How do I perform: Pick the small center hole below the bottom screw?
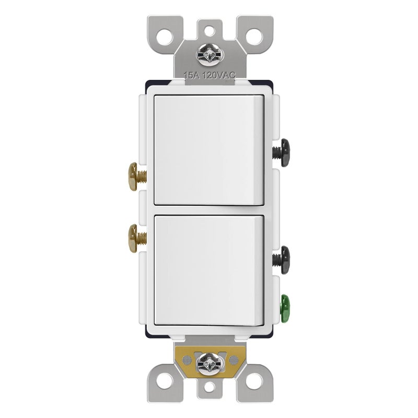click(209, 388)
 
